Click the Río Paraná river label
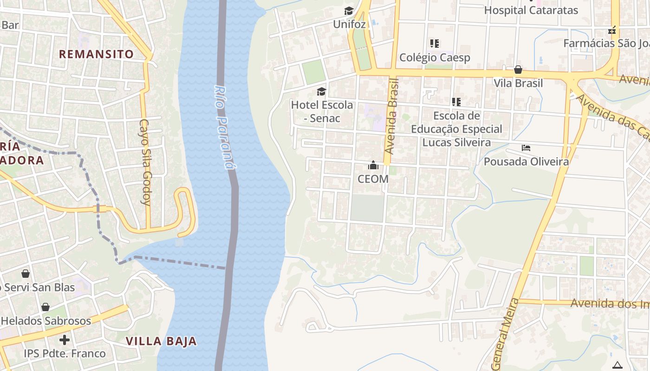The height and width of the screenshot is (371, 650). (224, 128)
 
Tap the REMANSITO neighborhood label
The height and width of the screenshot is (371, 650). (96, 54)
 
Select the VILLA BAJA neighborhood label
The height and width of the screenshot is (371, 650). (161, 342)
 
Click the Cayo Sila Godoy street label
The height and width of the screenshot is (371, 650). (145, 162)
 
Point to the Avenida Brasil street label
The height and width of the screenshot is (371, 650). (392, 116)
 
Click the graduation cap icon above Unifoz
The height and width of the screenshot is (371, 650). (349, 11)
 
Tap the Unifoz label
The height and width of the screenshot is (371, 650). (350, 24)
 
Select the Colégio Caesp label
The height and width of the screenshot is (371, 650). (435, 58)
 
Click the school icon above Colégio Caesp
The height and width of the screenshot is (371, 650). (435, 44)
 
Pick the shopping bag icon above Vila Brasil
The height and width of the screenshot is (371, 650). (518, 70)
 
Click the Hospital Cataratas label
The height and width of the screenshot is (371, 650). (531, 10)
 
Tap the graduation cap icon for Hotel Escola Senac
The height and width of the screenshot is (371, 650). (321, 91)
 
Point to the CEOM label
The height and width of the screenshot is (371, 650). (373, 179)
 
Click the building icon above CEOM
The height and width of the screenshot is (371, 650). (373, 165)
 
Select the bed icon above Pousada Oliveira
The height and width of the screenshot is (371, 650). (526, 148)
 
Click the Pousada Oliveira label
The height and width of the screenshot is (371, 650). (526, 161)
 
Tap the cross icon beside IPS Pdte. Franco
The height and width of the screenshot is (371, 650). (65, 340)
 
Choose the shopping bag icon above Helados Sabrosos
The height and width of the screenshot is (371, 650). (45, 307)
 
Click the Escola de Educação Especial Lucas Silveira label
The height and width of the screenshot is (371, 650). (456, 129)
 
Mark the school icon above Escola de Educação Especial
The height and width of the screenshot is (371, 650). (456, 102)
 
